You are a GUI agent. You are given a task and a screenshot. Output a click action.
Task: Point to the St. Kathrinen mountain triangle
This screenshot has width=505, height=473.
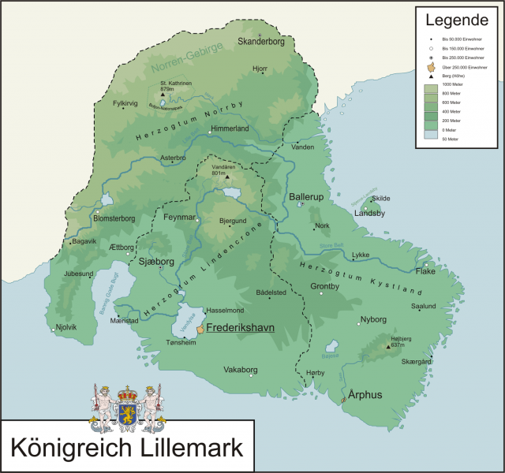(x=163, y=95)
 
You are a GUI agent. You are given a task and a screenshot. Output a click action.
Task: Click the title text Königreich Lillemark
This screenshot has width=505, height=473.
(x=127, y=447)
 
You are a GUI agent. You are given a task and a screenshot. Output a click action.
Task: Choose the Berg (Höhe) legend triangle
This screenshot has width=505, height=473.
(x=431, y=76)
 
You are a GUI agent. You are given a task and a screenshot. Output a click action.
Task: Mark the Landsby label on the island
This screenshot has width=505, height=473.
(x=369, y=213)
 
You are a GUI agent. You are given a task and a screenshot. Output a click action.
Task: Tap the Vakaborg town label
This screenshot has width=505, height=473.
(x=241, y=369)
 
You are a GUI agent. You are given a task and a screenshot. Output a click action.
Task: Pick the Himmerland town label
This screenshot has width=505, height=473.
(x=230, y=128)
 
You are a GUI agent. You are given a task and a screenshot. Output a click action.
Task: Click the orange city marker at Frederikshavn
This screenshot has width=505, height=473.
(x=200, y=328)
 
